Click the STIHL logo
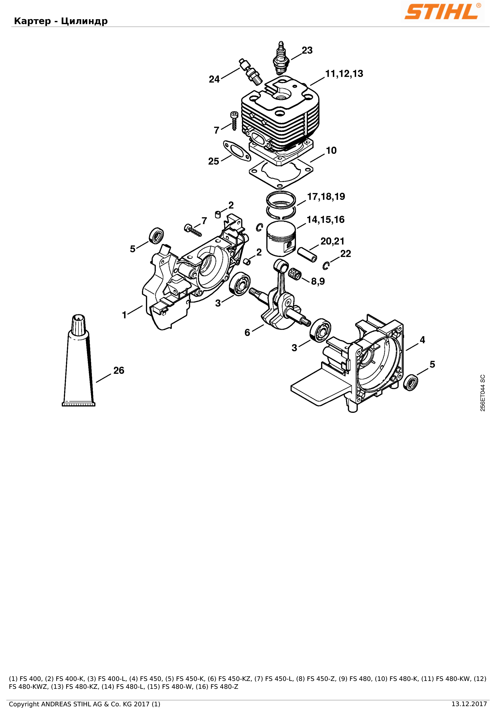coord(442,12)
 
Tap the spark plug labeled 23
coord(281,58)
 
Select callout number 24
coord(214,79)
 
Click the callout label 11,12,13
coord(344,74)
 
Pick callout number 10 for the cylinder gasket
coord(331,150)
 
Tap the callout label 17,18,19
coord(326,197)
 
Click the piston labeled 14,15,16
coord(281,238)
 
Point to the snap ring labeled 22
coord(326,265)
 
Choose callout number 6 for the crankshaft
coord(247,333)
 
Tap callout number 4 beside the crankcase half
coord(422,340)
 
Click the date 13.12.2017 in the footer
coord(469,704)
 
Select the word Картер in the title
coord(32,21)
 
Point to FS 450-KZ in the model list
coord(235,679)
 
